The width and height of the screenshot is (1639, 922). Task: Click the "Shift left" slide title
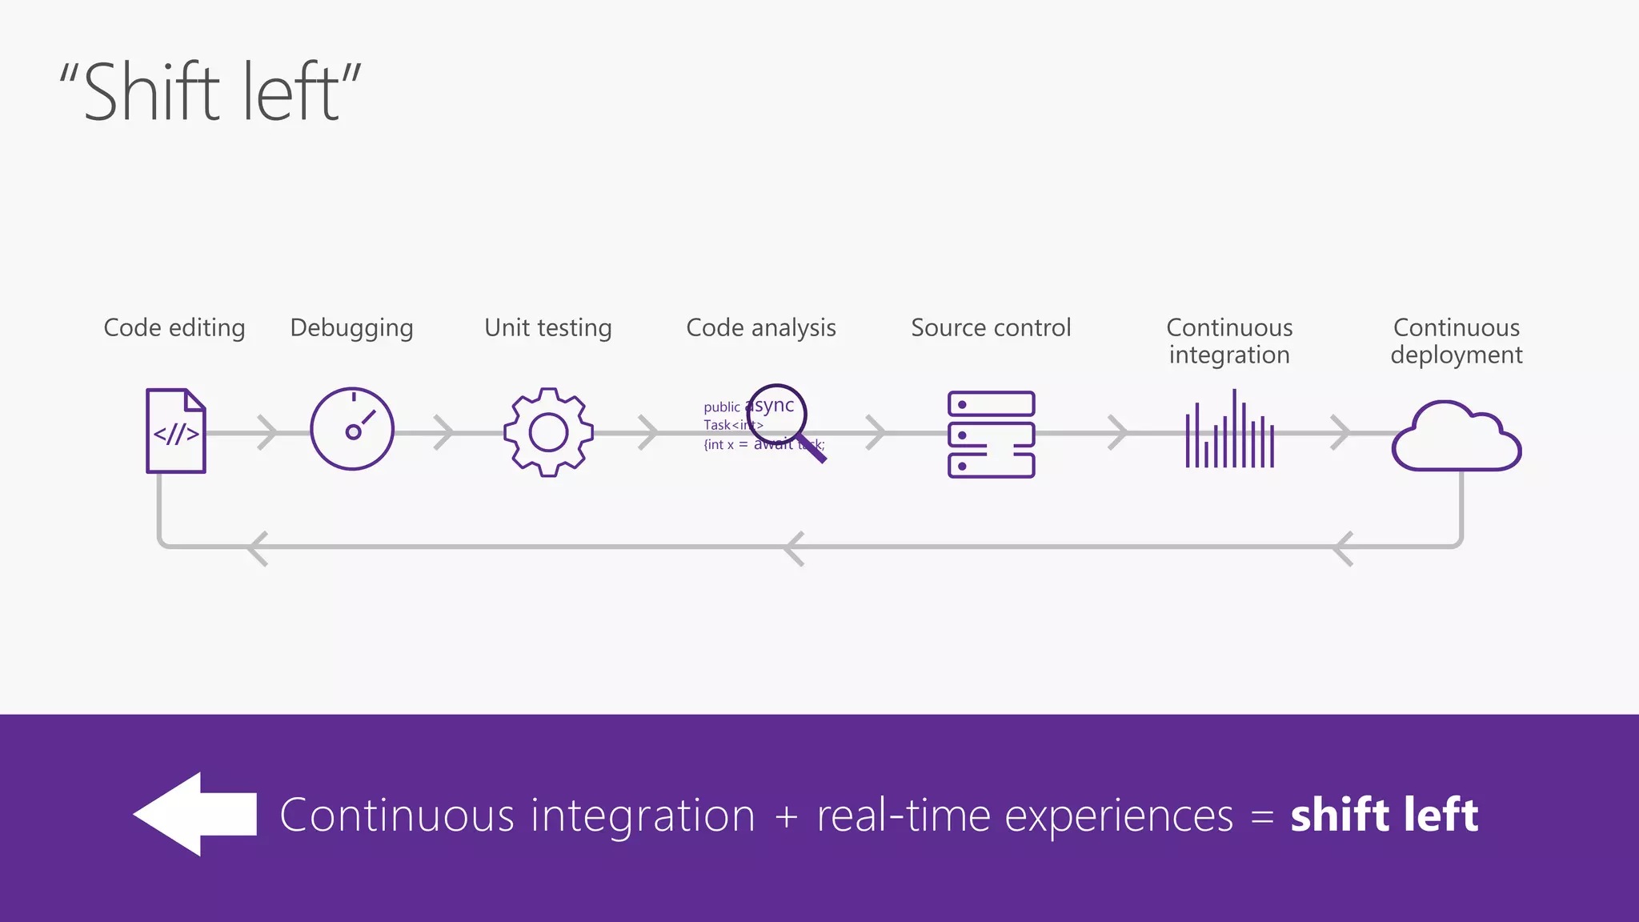pos(210,92)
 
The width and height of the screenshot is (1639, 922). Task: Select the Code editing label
pos(174,328)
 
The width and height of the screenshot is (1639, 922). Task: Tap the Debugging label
pos(351,328)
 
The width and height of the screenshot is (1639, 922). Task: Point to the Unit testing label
pos(548,328)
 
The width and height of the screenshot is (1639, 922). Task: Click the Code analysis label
pos(761,328)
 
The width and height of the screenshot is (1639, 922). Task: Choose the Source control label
pos(991,328)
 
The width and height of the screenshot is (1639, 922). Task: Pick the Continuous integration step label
pos(1229,341)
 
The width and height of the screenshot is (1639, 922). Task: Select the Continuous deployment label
pos(1457,341)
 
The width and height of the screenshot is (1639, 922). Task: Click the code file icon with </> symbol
pos(176,431)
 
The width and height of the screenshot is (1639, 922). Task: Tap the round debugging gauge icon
pos(352,429)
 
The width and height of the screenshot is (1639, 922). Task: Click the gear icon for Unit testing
pos(548,432)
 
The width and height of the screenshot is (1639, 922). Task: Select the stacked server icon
pos(992,435)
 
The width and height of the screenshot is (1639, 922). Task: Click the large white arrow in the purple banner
pos(195,814)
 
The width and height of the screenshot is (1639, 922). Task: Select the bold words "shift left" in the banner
pos(1384,816)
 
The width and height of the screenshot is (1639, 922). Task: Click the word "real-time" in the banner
pos(904,816)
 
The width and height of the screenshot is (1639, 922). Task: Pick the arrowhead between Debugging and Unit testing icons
pos(445,432)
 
